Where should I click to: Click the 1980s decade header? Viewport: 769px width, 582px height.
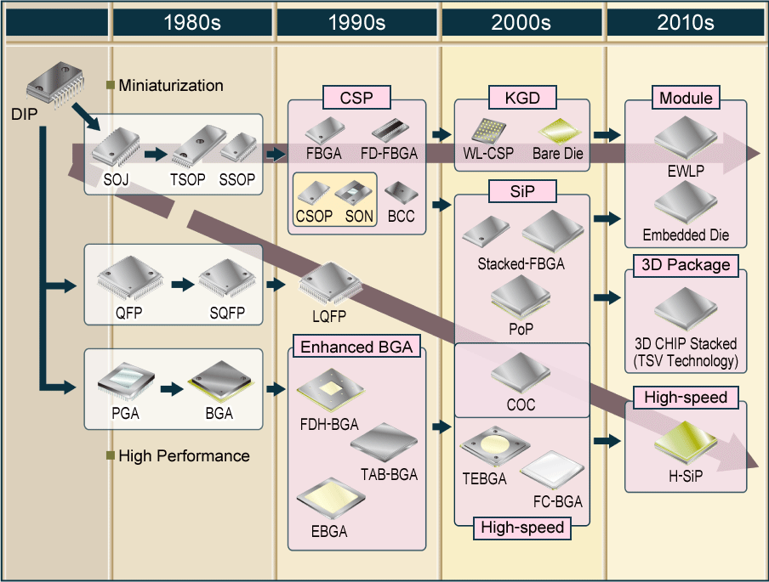[192, 23]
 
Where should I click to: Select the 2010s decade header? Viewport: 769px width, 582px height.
[685, 23]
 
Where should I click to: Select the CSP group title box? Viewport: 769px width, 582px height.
[356, 98]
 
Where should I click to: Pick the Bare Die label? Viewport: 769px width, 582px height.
[557, 155]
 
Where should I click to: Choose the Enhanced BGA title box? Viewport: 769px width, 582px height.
[356, 347]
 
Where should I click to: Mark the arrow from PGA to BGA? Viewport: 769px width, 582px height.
[173, 389]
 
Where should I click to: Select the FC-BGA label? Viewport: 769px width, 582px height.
[557, 501]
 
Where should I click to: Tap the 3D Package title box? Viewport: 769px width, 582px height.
[686, 265]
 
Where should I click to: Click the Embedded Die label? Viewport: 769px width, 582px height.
[686, 235]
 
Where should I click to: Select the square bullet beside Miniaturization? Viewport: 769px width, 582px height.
[110, 85]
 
